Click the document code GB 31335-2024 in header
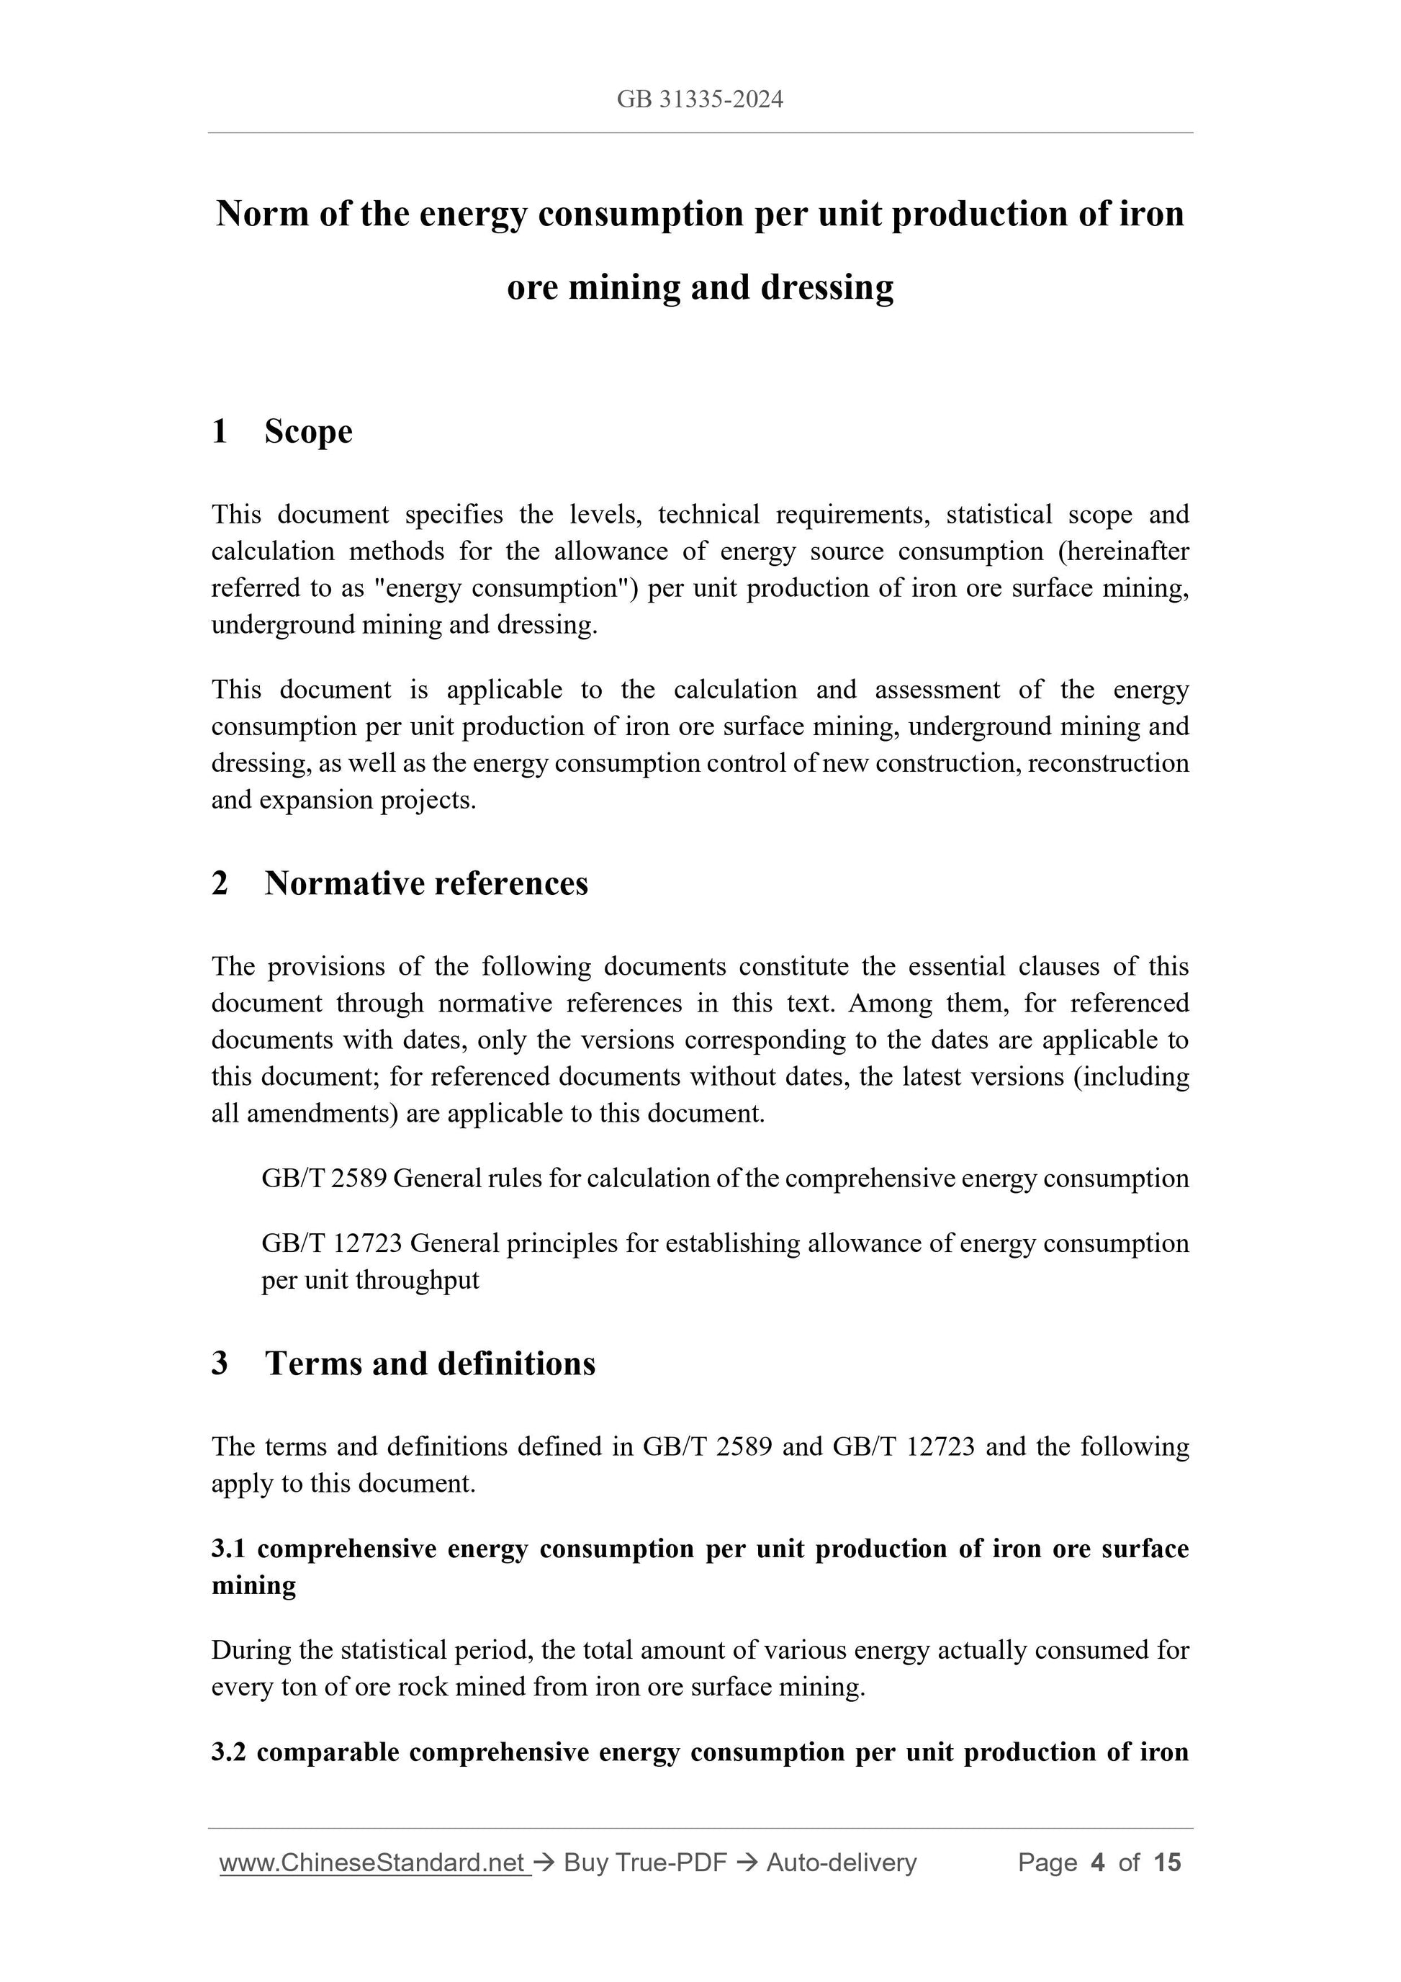pyautogui.click(x=699, y=99)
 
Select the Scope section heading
pyautogui.click(x=308, y=432)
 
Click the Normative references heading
pyautogui.click(x=425, y=883)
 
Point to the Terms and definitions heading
pyautogui.click(x=430, y=1363)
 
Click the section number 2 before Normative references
pyautogui.click(x=220, y=883)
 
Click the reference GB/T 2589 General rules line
pyautogui.click(x=724, y=1179)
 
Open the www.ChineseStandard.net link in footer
pyautogui.click(x=372, y=1863)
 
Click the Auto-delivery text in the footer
pyautogui.click(x=841, y=1863)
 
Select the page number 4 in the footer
pyautogui.click(x=1097, y=1863)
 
